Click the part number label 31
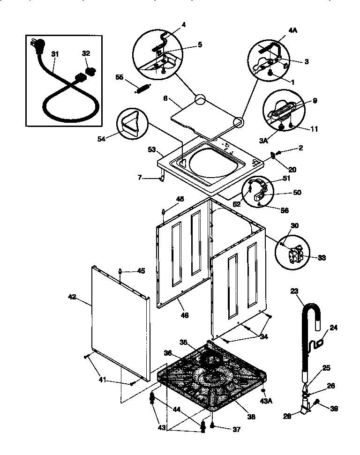click(54, 55)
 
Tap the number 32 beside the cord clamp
click(86, 54)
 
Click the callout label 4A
click(292, 31)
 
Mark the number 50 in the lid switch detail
click(297, 192)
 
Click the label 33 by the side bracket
click(322, 257)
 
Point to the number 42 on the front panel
click(72, 296)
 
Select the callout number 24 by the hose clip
click(333, 328)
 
